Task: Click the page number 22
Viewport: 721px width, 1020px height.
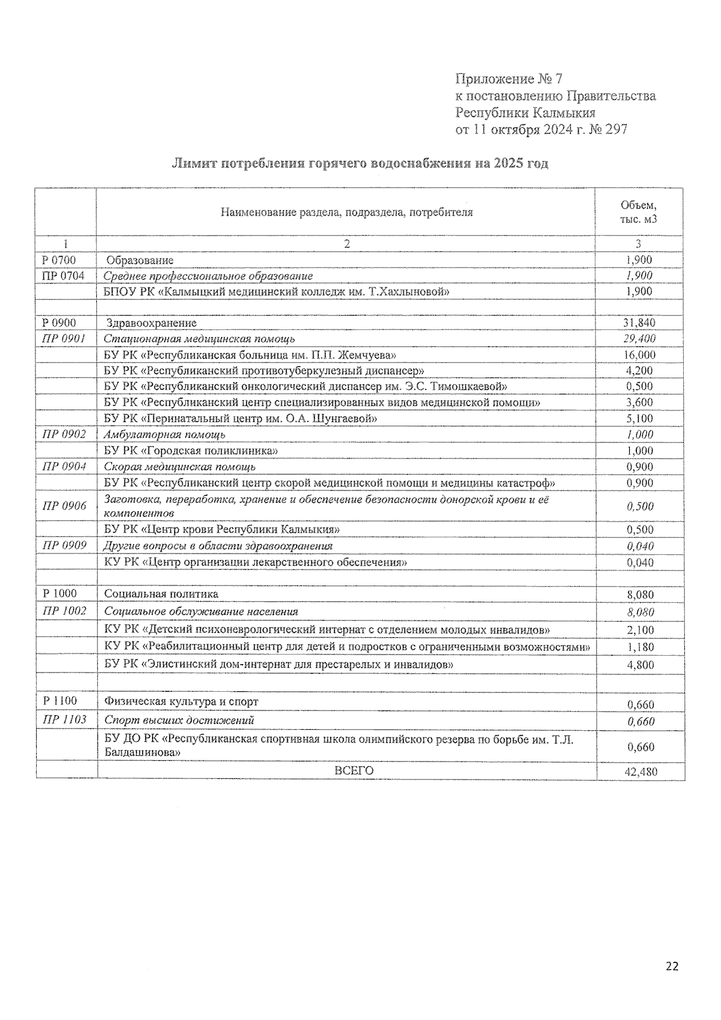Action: point(672,967)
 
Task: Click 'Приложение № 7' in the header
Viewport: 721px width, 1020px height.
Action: point(508,79)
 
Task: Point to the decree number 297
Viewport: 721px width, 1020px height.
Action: point(616,129)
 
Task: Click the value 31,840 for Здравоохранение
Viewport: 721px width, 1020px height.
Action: point(639,323)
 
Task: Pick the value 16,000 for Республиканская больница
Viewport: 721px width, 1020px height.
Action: point(639,355)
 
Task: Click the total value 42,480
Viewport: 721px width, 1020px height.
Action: point(640,772)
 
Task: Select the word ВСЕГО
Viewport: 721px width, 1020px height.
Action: point(354,771)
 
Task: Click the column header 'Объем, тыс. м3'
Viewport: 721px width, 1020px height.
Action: point(638,212)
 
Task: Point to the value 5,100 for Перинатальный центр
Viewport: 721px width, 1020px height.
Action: point(639,418)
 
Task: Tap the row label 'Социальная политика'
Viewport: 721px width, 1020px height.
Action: point(161,594)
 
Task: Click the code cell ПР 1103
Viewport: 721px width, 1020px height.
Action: point(64,719)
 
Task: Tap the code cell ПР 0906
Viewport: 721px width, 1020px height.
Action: point(64,505)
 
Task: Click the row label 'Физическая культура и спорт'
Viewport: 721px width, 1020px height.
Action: point(181,701)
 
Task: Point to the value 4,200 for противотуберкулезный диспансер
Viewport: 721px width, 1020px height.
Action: point(639,371)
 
